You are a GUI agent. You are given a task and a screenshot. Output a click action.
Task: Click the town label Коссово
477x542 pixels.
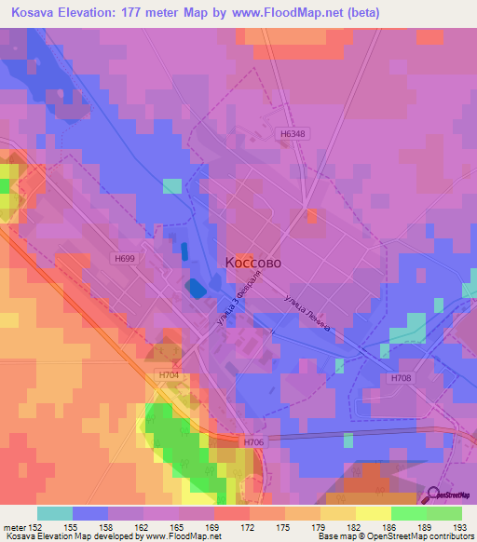pyautogui.click(x=253, y=263)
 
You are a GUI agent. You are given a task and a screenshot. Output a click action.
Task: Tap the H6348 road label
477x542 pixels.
pyautogui.click(x=293, y=133)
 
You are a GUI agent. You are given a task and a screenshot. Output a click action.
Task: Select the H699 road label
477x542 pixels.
pyautogui.click(x=126, y=258)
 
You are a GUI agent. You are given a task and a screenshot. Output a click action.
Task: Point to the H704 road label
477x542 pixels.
pyautogui.click(x=168, y=375)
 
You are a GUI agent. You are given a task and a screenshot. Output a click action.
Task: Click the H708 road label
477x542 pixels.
pyautogui.click(x=402, y=377)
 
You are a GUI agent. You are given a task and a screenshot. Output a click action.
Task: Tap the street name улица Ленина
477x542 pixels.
pyautogui.click(x=311, y=316)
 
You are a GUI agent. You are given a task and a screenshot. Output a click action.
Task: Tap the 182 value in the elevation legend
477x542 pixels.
pyautogui.click(x=339, y=526)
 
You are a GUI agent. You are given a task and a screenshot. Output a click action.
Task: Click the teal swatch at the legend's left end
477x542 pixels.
pyautogui.click(x=54, y=513)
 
